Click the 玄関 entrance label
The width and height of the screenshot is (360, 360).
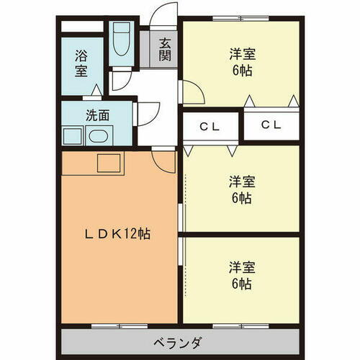pos(165,50)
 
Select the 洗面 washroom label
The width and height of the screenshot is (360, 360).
pos(97,114)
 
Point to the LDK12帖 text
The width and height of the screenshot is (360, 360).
pos(119,234)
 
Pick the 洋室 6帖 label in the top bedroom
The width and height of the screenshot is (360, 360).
pos(240,62)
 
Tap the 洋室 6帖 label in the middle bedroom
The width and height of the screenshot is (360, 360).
pos(240,189)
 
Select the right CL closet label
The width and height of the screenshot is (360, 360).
pos(271,125)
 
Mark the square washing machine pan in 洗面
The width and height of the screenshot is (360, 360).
pos(72,135)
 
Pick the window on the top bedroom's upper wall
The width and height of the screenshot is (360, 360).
pos(240,17)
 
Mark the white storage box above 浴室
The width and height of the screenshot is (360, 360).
pos(81,27)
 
